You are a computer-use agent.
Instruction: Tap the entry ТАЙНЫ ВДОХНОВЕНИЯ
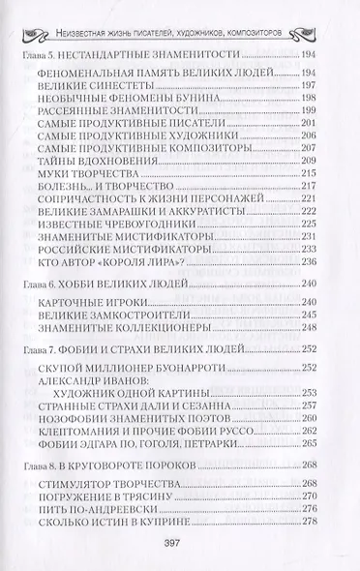(x=103, y=159)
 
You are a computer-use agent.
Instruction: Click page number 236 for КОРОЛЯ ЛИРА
(x=310, y=260)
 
